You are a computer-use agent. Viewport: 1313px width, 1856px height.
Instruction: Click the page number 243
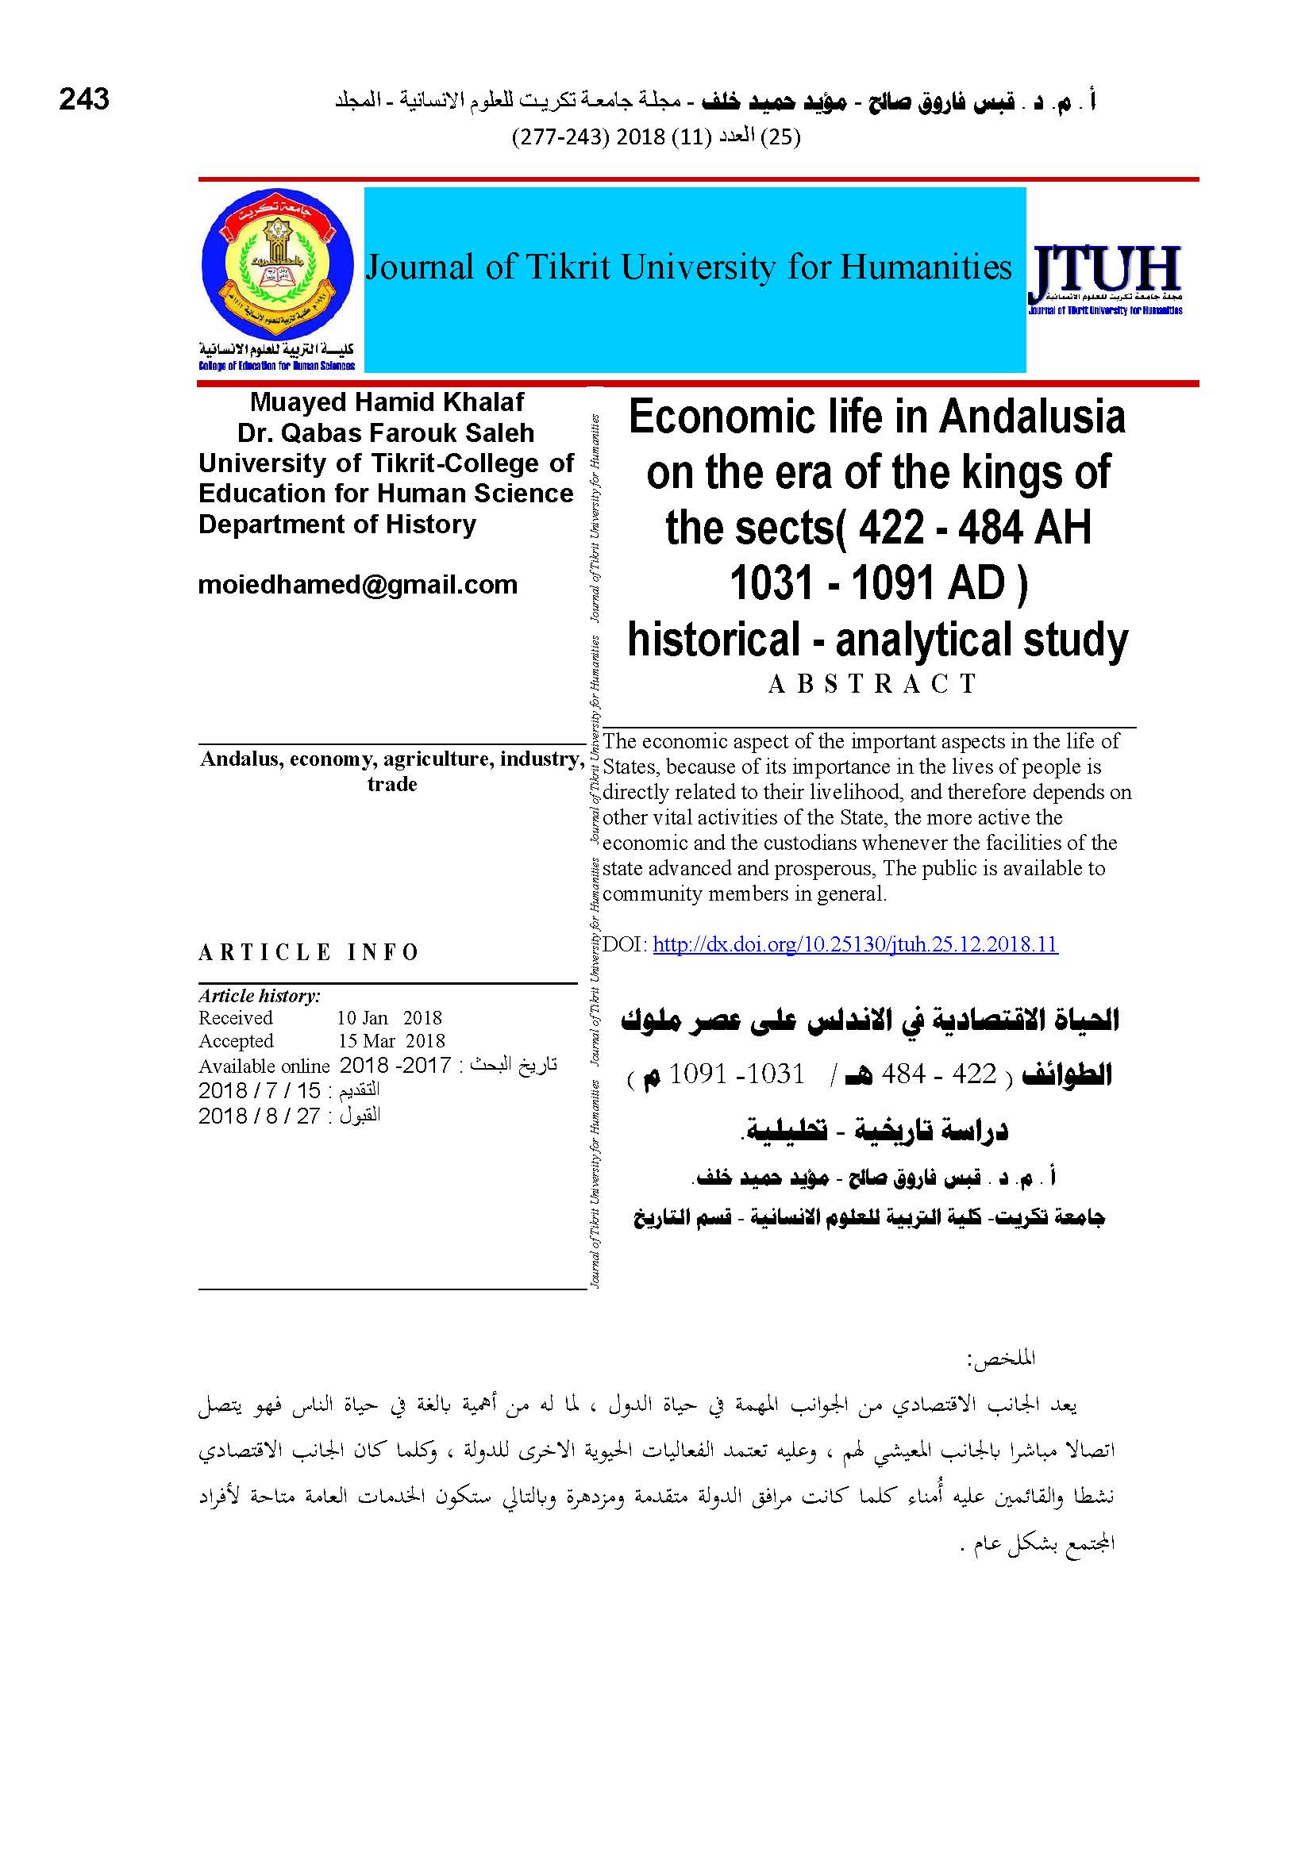click(84, 99)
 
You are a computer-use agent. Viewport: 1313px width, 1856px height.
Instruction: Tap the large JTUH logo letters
click(1103, 271)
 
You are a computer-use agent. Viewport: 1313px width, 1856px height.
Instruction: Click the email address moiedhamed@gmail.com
click(357, 585)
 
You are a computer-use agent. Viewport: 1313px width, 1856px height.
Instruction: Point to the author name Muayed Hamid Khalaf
click(387, 402)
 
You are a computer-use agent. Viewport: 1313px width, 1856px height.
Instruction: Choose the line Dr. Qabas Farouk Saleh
click(386, 432)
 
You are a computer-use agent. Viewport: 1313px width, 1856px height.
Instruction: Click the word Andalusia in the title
click(1033, 418)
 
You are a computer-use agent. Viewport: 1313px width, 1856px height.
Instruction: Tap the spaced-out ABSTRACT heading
click(872, 684)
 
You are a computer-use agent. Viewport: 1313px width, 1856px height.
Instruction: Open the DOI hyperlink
click(855, 944)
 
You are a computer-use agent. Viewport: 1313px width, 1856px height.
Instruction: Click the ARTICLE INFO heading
click(308, 952)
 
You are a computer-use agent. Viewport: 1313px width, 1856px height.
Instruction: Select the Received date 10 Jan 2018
click(389, 1018)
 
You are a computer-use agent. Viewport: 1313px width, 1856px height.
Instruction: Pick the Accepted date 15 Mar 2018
click(391, 1041)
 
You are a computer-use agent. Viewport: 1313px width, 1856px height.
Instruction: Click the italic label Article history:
click(260, 996)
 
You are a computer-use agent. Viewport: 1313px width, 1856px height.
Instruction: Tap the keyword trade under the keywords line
click(392, 784)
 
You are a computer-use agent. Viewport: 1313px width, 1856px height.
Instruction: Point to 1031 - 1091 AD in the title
click(878, 584)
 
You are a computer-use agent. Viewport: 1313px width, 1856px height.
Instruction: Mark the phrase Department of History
click(337, 525)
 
